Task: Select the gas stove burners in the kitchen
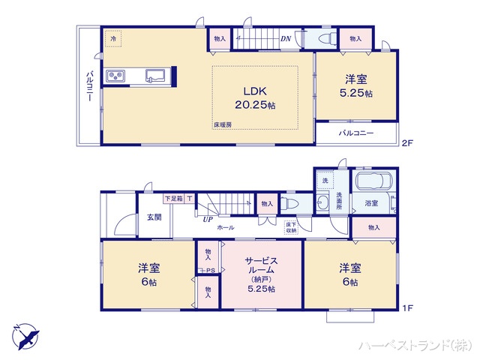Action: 116,76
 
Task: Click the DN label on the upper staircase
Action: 286,39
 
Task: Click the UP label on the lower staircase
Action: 206,219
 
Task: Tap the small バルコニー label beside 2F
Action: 355,133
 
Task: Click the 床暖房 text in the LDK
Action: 221,124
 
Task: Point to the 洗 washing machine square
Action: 325,181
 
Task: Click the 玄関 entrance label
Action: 154,217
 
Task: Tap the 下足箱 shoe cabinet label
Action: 173,199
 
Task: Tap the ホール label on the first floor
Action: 225,227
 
